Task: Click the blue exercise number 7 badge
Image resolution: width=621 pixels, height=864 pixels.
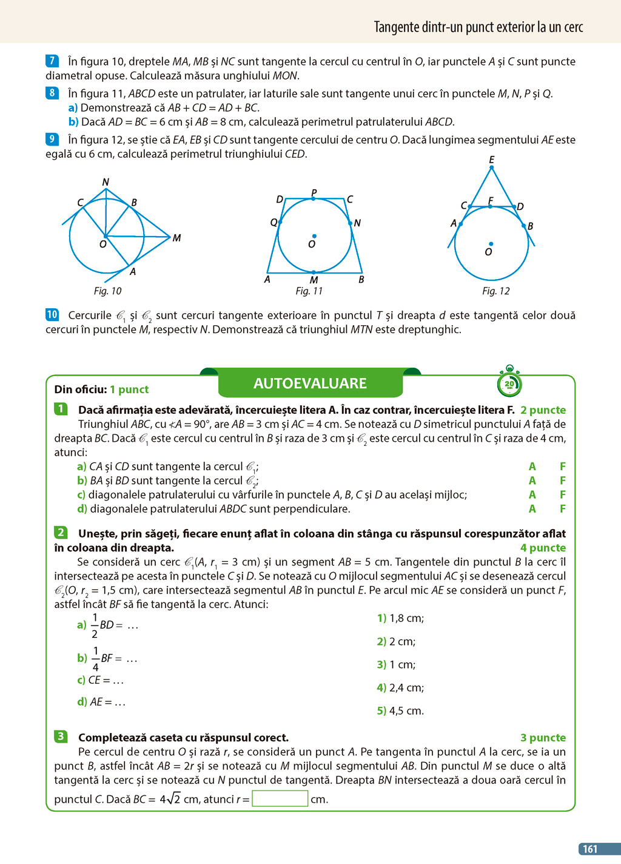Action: (x=52, y=61)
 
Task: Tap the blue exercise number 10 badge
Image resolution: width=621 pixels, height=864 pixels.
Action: (x=52, y=314)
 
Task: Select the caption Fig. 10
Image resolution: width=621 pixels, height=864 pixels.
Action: (x=107, y=291)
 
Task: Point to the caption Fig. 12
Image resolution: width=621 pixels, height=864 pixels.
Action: (x=495, y=291)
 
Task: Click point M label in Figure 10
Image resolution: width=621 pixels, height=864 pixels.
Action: (x=176, y=238)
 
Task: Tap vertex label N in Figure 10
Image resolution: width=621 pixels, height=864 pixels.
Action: (x=106, y=182)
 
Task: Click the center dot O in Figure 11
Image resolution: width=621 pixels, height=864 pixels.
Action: (x=314, y=236)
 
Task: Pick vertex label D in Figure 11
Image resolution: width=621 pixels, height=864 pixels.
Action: (x=280, y=199)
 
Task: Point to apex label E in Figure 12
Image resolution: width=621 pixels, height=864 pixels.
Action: (x=491, y=160)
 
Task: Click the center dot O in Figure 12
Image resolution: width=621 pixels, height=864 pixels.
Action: (x=491, y=244)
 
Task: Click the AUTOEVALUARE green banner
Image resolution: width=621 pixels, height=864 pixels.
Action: (x=310, y=383)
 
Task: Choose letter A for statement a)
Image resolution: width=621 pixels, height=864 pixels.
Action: (x=532, y=467)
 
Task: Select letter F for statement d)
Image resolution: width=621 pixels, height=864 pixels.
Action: (x=563, y=509)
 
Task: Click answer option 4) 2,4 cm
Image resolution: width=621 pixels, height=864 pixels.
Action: (x=400, y=687)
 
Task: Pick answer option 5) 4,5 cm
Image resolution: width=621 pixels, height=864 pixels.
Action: (x=400, y=710)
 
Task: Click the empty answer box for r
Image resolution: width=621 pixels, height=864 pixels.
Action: (x=280, y=798)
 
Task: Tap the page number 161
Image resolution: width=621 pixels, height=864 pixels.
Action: (x=590, y=849)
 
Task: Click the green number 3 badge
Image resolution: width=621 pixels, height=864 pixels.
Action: (x=61, y=737)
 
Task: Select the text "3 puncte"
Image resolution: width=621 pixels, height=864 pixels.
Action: (x=543, y=738)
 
